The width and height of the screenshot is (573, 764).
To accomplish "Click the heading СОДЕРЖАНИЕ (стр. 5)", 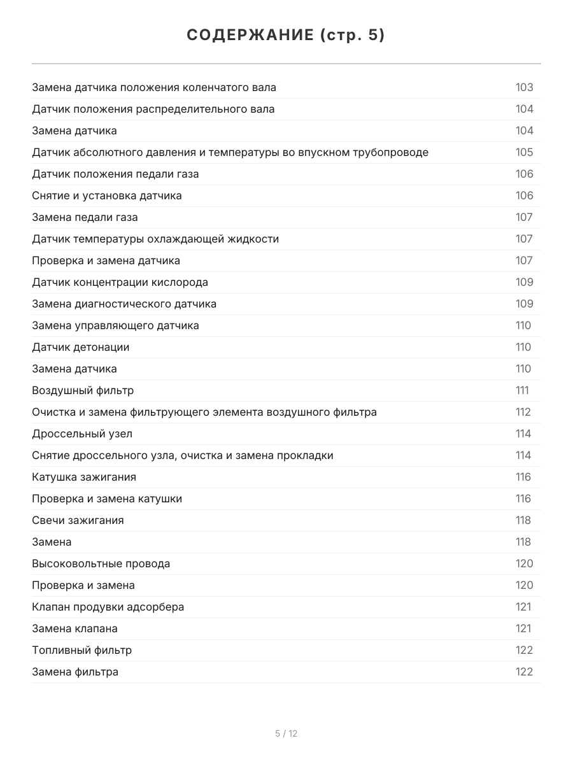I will click(x=286, y=36).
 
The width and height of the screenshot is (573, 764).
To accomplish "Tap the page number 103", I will click(x=524, y=87).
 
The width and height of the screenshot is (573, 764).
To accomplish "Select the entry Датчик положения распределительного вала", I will click(x=153, y=109).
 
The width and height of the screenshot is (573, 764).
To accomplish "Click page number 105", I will click(x=524, y=152).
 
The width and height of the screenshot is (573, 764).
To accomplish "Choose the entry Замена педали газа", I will click(x=85, y=217).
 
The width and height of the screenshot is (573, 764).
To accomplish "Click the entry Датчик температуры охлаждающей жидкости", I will click(x=155, y=239).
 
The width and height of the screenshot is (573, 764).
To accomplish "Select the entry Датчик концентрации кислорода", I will click(x=120, y=282).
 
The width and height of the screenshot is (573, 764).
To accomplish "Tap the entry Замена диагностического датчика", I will click(x=124, y=304).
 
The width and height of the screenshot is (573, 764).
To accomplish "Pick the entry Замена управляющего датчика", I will click(x=115, y=325).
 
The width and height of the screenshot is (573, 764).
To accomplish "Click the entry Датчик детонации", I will click(x=81, y=347).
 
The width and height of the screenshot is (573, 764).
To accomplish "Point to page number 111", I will click(x=522, y=390).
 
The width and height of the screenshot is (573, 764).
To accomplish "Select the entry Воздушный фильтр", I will click(x=83, y=390).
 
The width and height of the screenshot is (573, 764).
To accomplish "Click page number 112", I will click(x=523, y=412).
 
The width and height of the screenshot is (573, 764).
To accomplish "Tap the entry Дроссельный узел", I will click(x=82, y=434).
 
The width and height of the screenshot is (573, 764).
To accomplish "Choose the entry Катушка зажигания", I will click(x=84, y=477).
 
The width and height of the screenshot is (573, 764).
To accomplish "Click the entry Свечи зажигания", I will click(x=78, y=520).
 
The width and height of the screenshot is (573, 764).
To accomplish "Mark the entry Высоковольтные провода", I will click(x=101, y=563).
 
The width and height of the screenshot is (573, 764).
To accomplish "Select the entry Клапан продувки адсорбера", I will click(x=108, y=607).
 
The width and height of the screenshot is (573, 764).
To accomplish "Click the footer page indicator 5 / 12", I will click(x=286, y=733).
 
